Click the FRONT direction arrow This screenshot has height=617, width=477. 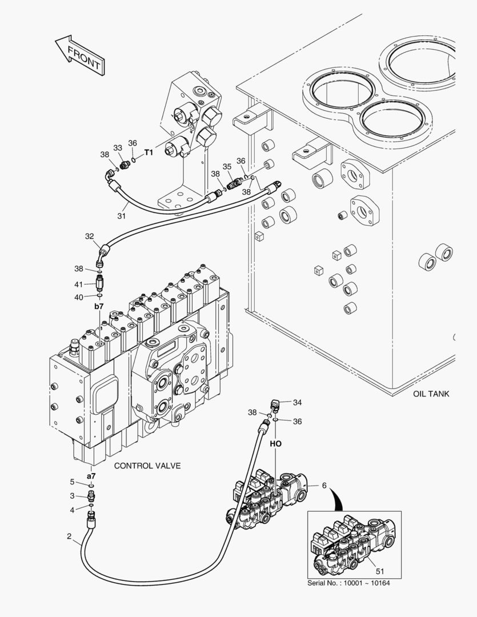[x=80, y=55]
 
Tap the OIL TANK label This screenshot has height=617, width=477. [x=431, y=394]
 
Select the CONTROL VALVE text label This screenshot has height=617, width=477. [x=147, y=466]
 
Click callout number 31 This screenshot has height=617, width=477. [x=121, y=215]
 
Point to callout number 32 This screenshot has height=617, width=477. [x=89, y=236]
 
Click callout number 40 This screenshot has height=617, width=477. [x=79, y=297]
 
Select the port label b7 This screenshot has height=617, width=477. [x=98, y=307]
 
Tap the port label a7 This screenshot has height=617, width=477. [x=91, y=475]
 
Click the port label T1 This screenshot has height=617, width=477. [x=149, y=153]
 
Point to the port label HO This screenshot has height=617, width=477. [x=275, y=443]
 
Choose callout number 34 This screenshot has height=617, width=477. [x=297, y=402]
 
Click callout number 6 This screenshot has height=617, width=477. [x=324, y=485]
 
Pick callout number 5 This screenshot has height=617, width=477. [x=73, y=481]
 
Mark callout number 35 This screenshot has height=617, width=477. [x=227, y=166]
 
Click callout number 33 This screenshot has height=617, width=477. [x=118, y=147]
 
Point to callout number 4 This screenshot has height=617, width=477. [x=73, y=510]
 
